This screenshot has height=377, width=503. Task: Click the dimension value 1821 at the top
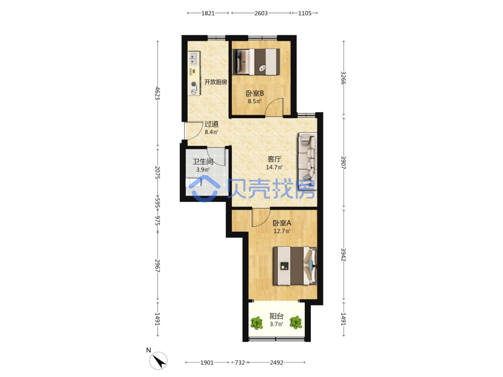[208, 13]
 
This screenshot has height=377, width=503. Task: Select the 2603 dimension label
[261, 13]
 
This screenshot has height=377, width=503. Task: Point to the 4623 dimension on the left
[157, 93]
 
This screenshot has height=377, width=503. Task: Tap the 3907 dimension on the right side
[343, 162]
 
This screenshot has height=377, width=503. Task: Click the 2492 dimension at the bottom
[277, 362]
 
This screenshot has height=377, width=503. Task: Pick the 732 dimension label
[240, 362]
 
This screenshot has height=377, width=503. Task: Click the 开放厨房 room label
[216, 82]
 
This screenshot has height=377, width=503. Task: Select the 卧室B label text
[255, 93]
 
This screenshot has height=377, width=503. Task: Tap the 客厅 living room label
[274, 159]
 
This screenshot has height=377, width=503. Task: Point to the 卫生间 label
[203, 161]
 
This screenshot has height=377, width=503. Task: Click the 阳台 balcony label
[277, 316]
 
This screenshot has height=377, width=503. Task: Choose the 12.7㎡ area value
[282, 231]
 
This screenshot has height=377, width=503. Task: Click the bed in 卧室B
[256, 62]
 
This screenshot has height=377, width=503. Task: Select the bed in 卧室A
[294, 266]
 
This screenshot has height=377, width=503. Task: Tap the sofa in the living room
[307, 161]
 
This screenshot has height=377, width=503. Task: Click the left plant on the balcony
[257, 323]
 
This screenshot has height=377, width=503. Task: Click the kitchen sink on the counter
[194, 58]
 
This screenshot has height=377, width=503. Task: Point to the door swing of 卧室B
[275, 106]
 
